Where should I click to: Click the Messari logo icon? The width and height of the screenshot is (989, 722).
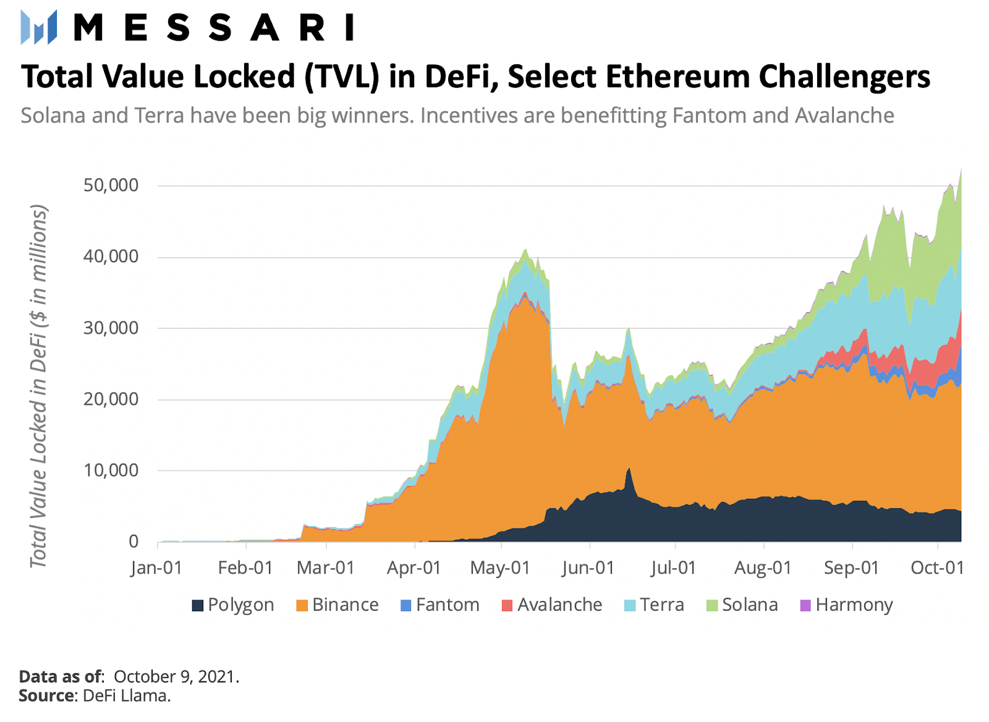pyautogui.click(x=38, y=27)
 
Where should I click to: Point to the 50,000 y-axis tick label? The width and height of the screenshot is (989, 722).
pyautogui.click(x=111, y=185)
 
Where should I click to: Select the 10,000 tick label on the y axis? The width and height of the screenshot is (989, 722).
pyautogui.click(x=111, y=470)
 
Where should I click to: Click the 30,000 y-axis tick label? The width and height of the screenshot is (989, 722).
pyautogui.click(x=111, y=328)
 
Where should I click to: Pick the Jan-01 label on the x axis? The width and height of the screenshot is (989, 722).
pyautogui.click(x=156, y=567)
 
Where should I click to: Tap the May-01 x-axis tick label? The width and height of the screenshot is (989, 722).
pyautogui.click(x=500, y=567)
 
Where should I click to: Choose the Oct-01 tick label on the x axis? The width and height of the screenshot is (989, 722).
pyautogui.click(x=937, y=567)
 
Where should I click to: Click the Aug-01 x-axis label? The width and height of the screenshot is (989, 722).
pyautogui.click(x=763, y=567)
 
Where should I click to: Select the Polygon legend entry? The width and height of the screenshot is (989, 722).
pyautogui.click(x=233, y=605)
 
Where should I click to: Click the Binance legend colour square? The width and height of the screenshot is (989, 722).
pyautogui.click(x=302, y=606)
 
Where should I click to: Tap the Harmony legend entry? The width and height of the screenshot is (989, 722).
pyautogui.click(x=847, y=605)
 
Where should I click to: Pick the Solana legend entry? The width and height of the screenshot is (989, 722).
pyautogui.click(x=742, y=605)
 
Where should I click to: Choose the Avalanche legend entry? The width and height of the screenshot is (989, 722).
pyautogui.click(x=552, y=605)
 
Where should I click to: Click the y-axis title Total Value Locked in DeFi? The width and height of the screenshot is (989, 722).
pyautogui.click(x=38, y=386)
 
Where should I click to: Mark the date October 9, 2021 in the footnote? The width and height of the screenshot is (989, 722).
pyautogui.click(x=176, y=677)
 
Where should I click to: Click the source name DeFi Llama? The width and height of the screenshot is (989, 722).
pyautogui.click(x=126, y=696)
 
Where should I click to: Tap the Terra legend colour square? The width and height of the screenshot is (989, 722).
pyautogui.click(x=630, y=606)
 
